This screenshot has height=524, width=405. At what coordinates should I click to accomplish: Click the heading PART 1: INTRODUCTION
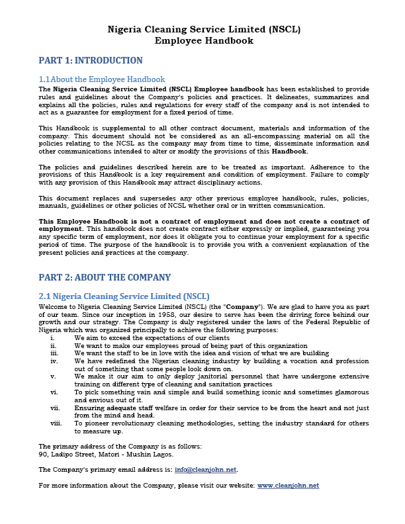pos(91,61)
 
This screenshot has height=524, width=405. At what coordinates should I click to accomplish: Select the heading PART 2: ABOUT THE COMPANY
pos(105,278)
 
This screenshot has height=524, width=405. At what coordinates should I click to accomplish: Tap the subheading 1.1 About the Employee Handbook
pos(102,79)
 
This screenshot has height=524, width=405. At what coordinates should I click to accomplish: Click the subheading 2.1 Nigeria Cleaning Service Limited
pos(124,296)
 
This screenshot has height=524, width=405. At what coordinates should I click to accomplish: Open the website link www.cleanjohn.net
pos(288,486)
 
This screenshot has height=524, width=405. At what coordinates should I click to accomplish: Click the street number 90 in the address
pos(43,454)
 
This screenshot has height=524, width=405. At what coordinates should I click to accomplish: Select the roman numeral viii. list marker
pos(56,422)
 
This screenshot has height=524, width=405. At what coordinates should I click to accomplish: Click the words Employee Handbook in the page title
pos(203,40)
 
